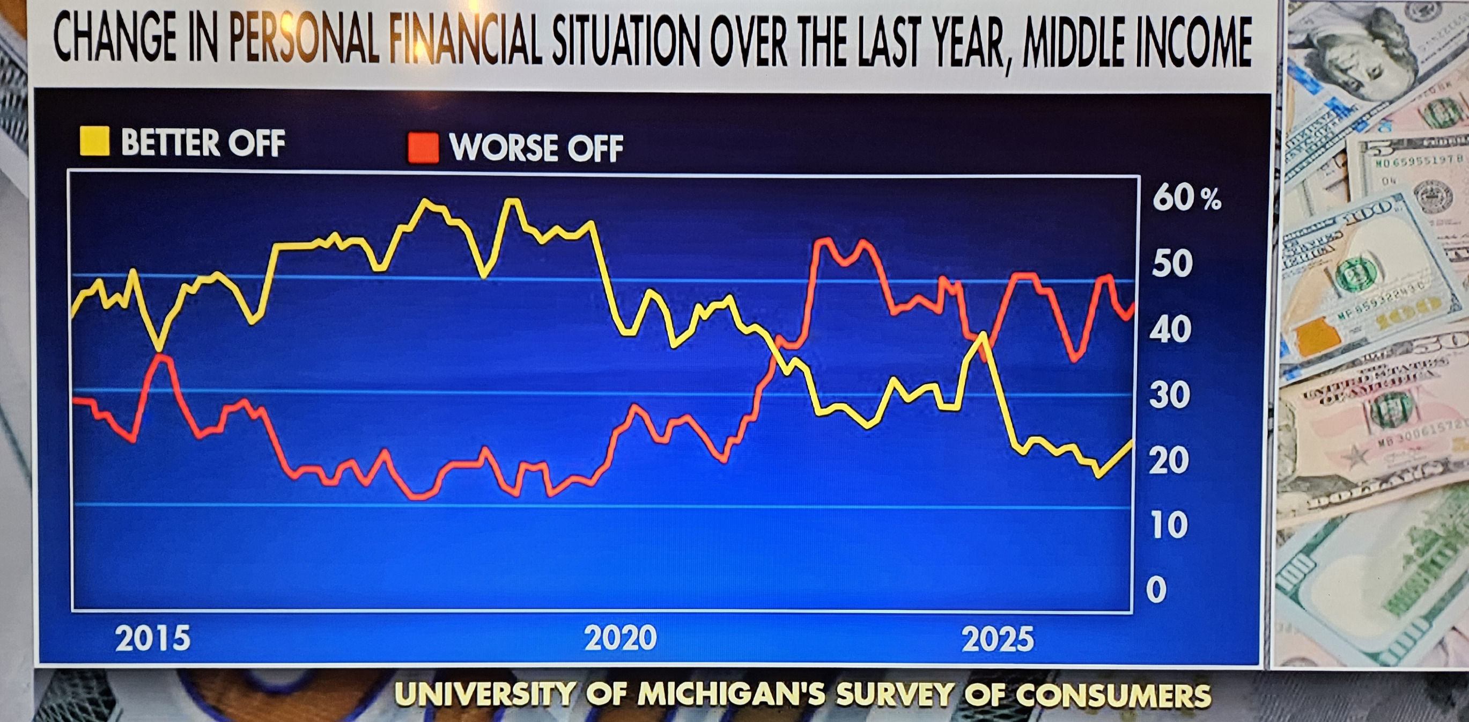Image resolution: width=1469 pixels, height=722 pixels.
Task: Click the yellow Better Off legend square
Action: [95, 142]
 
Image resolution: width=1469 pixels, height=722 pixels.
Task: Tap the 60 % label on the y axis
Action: [1186, 199]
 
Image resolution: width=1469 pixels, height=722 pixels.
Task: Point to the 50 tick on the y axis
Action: [1172, 264]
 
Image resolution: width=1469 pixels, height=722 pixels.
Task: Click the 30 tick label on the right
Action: [1170, 395]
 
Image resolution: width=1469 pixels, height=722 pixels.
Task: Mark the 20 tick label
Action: [1169, 461]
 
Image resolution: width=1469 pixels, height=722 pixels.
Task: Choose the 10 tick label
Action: [1169, 525]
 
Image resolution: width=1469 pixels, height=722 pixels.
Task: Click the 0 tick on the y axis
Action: [1156, 589]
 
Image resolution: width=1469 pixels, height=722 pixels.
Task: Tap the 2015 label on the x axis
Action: [153, 639]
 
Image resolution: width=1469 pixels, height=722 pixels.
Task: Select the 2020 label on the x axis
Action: [621, 638]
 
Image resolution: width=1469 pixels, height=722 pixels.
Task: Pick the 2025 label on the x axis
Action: [998, 639]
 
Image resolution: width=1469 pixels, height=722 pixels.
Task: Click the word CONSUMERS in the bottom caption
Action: [1113, 695]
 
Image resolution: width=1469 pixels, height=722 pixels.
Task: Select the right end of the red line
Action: [1132, 304]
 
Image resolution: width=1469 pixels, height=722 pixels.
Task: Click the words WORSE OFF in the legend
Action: [536, 148]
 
